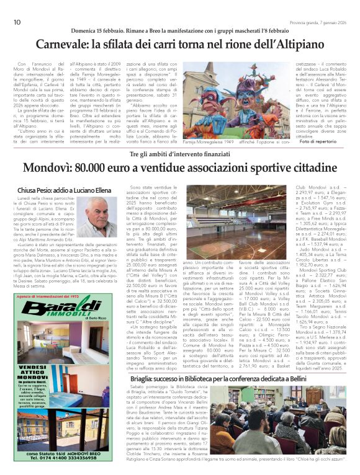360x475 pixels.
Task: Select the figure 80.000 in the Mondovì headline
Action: click(91, 169)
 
